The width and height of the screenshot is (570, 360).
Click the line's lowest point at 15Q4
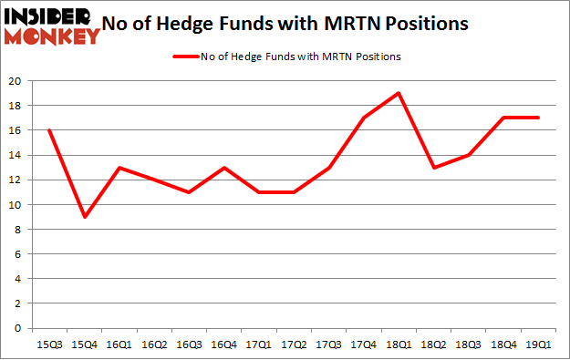[x=84, y=217]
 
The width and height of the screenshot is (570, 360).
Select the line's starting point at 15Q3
[x=49, y=130]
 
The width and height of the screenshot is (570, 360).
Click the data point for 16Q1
[x=119, y=168]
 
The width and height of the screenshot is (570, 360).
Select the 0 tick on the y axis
[x=20, y=328]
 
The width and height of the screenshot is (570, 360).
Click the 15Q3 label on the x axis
[x=49, y=344]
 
